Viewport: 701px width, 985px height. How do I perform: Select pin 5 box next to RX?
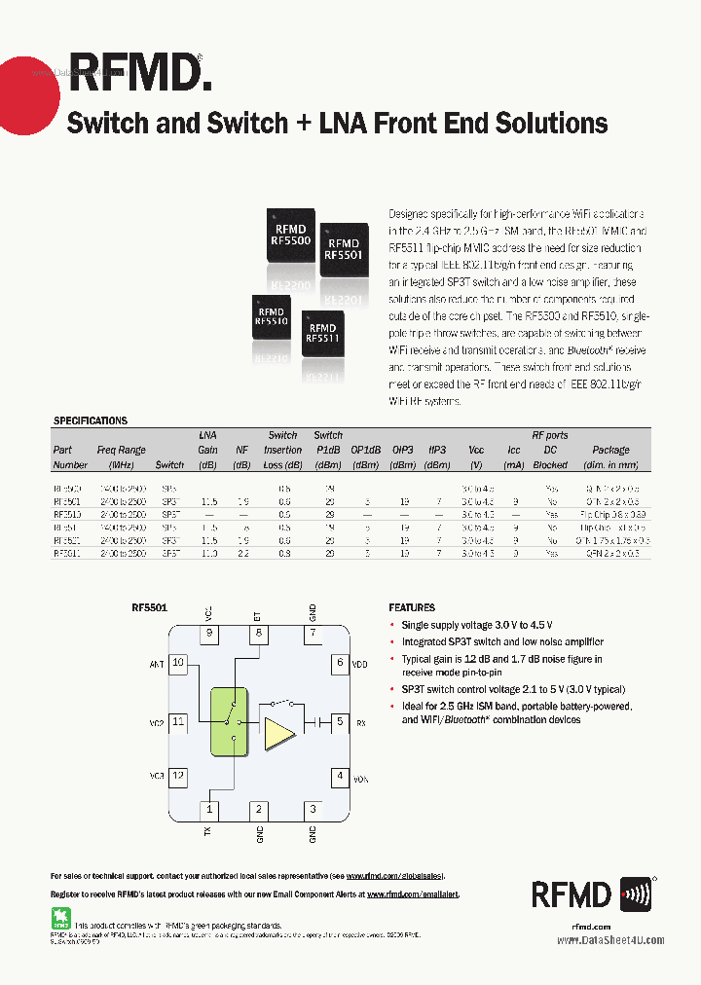tap(340, 722)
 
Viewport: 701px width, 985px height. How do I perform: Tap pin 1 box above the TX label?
tap(208, 809)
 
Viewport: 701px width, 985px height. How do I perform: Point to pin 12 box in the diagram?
tap(178, 777)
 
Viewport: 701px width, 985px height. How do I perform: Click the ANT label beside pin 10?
tap(157, 664)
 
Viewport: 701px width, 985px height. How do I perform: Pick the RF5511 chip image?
tap(321, 334)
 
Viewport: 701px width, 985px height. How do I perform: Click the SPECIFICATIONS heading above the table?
tap(90, 421)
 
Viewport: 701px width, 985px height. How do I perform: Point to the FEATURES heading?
tap(412, 606)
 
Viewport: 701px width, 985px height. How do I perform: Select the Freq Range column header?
tap(122, 451)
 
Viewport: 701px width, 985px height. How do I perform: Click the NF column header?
tap(241, 451)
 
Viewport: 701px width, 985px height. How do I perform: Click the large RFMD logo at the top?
tap(137, 72)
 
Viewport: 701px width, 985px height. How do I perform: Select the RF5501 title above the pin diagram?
tap(150, 606)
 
